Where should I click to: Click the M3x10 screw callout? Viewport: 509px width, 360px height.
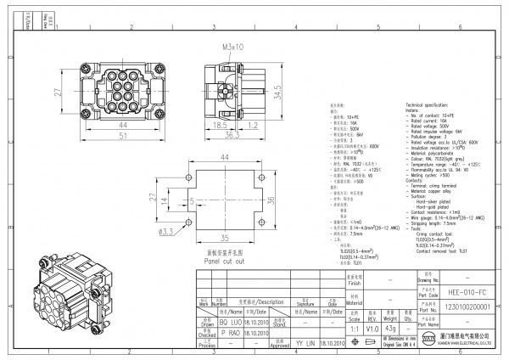(x=233, y=47)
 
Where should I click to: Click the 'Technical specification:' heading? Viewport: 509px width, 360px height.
(x=434, y=101)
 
